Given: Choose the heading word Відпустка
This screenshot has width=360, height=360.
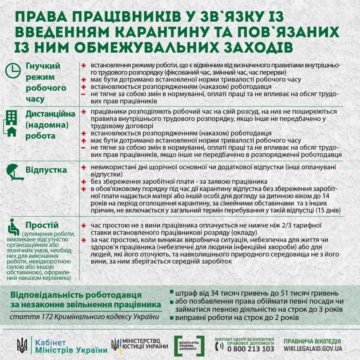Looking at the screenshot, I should click(46, 170).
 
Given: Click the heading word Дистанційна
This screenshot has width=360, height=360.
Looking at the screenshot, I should click(50, 114).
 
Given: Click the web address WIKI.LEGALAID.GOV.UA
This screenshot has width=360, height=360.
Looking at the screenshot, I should click(312, 348).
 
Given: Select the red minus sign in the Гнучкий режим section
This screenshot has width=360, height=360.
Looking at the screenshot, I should click(83, 94).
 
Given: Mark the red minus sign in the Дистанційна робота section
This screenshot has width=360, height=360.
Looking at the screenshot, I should click(83, 148).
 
